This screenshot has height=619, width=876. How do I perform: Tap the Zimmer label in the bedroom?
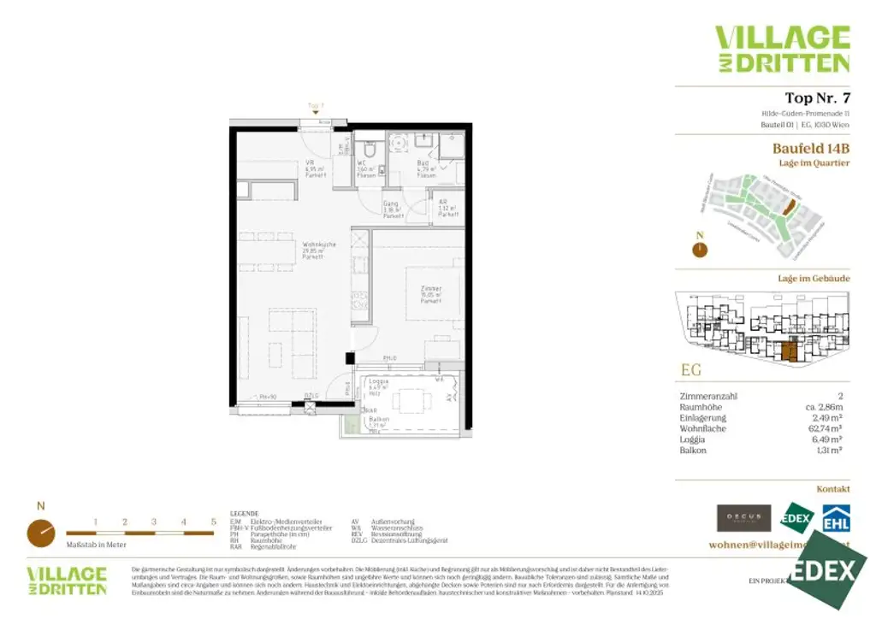[x=431, y=289]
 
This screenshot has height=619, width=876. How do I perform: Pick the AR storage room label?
[x=443, y=205]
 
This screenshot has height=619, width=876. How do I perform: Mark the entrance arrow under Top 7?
[x=316, y=112]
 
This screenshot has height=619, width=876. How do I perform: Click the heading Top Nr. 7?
[x=817, y=97]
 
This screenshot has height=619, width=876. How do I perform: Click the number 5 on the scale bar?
[x=213, y=522]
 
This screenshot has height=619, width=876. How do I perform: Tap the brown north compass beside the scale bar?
[x=39, y=533]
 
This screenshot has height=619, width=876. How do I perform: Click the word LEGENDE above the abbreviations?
[x=244, y=514]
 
